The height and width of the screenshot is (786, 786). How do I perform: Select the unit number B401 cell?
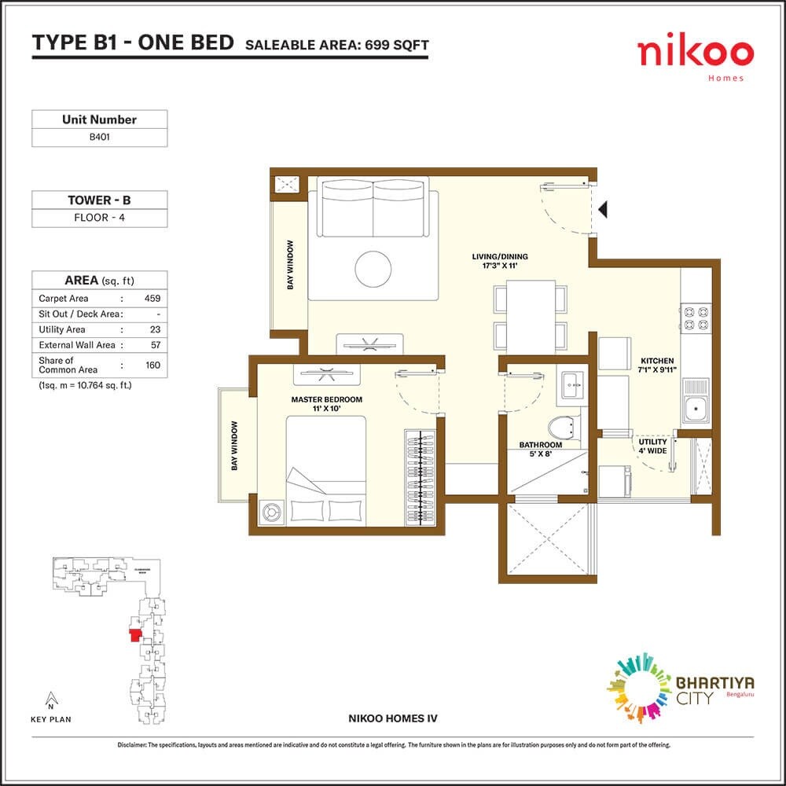99,137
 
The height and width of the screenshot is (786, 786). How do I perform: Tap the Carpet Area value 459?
152,299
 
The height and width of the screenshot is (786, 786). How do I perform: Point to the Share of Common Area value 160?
152,365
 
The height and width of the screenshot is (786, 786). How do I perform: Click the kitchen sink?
695,406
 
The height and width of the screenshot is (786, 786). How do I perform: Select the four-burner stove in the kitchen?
695,316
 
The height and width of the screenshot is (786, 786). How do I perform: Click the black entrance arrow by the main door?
604,209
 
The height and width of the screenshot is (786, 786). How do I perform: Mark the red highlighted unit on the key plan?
135,634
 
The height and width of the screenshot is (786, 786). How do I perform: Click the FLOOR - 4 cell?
99,218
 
